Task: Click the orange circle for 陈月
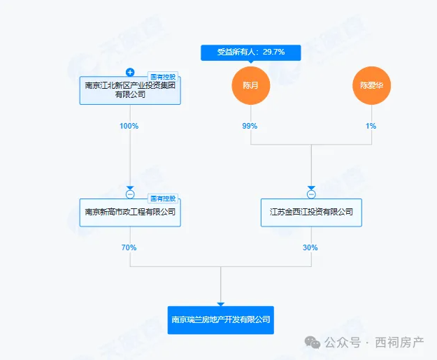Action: point(251,87)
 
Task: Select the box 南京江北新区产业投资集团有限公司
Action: point(130,89)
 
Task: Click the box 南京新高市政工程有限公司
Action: point(130,211)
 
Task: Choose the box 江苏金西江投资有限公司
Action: point(311,211)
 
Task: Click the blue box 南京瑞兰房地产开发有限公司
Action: point(221,320)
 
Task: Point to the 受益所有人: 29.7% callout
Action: point(250,52)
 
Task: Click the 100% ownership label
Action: point(130,127)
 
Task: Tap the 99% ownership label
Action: point(250,127)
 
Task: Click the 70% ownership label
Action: point(130,247)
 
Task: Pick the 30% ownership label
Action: point(310,247)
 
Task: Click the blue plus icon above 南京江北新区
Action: point(130,72)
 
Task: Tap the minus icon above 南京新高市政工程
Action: point(130,194)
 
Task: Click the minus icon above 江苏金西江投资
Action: point(311,194)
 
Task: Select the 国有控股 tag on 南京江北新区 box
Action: point(164,76)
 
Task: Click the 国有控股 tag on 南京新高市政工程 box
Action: point(164,198)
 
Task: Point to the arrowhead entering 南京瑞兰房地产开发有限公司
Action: point(221,303)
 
